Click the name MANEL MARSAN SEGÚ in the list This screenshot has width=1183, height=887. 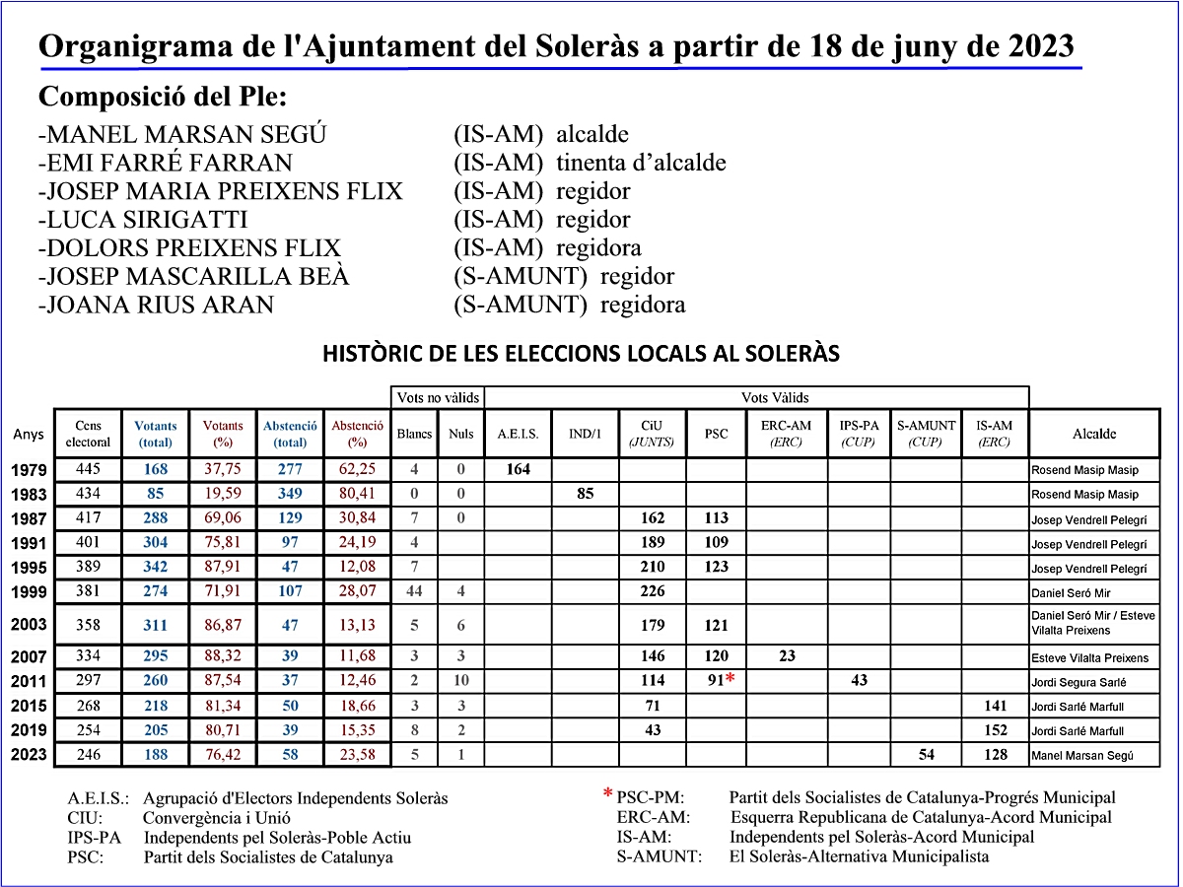coord(182,135)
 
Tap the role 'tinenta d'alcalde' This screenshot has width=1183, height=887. coord(641,164)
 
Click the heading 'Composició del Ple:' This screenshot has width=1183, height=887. coord(163,98)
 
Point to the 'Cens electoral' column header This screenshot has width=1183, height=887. coord(88,434)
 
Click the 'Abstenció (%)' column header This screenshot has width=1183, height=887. coord(357,434)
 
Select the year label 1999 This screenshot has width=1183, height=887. coord(30,592)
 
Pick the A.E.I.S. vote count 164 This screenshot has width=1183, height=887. coord(518,470)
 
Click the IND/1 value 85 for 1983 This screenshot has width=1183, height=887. coord(586,494)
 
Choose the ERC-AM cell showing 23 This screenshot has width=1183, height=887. coord(786,655)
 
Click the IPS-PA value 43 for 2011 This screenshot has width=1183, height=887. coord(859,680)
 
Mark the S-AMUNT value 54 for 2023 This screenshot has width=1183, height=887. coord(926,755)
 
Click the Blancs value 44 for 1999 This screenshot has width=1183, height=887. coord(414,592)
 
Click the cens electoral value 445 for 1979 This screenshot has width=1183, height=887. coord(88,470)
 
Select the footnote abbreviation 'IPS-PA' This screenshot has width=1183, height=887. coord(95,838)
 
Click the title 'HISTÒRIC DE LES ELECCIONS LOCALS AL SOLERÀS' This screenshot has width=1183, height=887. coord(581,354)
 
